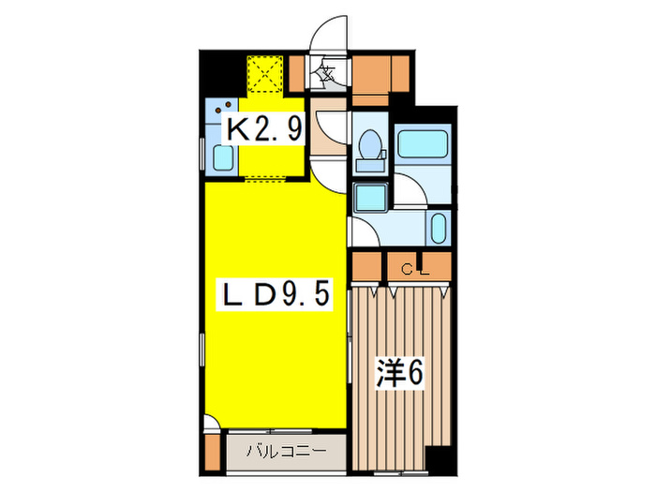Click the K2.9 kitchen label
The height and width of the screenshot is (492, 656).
tap(265, 129)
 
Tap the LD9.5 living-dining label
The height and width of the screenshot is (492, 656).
tap(274, 295)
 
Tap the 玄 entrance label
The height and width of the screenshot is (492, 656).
tap(328, 72)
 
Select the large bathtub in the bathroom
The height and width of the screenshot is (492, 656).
tap(425, 144)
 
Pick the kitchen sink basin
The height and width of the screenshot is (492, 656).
tap(223, 157)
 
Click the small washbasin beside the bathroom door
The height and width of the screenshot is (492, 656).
tap(438, 228)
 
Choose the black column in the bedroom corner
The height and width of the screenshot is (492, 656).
tap(437, 459)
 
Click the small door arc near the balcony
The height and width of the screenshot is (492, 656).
tap(212, 423)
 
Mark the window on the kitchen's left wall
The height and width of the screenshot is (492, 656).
tap(203, 155)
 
